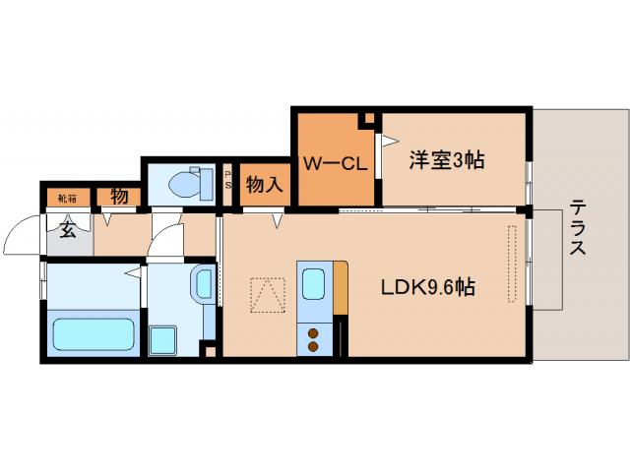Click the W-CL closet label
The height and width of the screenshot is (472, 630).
pos(335,163)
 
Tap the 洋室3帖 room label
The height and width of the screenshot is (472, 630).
pos(447,159)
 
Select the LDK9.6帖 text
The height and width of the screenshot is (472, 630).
pos(429,287)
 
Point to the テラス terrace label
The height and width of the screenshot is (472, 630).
pos(577,228)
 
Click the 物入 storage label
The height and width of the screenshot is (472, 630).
pos(264,184)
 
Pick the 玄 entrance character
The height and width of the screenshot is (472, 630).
pos(68,231)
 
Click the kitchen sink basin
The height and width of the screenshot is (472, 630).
pos(315,282)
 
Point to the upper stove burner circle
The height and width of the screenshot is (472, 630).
pos(314,329)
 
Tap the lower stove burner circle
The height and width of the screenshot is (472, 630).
pos(314,345)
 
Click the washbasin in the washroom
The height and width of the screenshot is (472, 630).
pos(202,285)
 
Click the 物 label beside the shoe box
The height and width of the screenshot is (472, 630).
pos(119,196)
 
